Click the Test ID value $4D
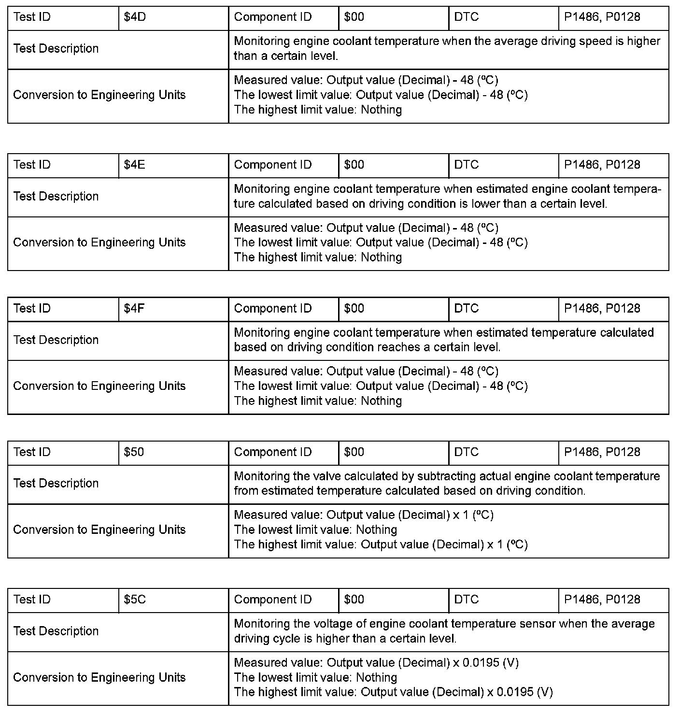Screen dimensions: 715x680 [x=135, y=17]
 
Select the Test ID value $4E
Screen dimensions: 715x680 [x=134, y=165]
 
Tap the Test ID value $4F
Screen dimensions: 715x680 [x=134, y=309]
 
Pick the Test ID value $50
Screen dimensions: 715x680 [x=134, y=452]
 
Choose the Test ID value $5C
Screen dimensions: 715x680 [x=135, y=600]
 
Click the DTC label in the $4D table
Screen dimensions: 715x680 [x=467, y=17]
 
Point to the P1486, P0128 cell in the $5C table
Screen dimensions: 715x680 [x=602, y=600]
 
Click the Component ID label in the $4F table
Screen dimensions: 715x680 [x=273, y=309]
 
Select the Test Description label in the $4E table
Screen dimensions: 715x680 [x=56, y=197]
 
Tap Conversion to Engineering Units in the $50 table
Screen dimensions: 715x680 [x=99, y=530]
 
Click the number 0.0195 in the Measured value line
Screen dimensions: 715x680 [x=481, y=663]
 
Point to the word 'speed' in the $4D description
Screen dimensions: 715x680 [x=596, y=42]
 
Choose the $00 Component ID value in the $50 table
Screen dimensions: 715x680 [x=354, y=452]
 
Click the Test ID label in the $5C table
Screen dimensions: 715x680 [x=32, y=600]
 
